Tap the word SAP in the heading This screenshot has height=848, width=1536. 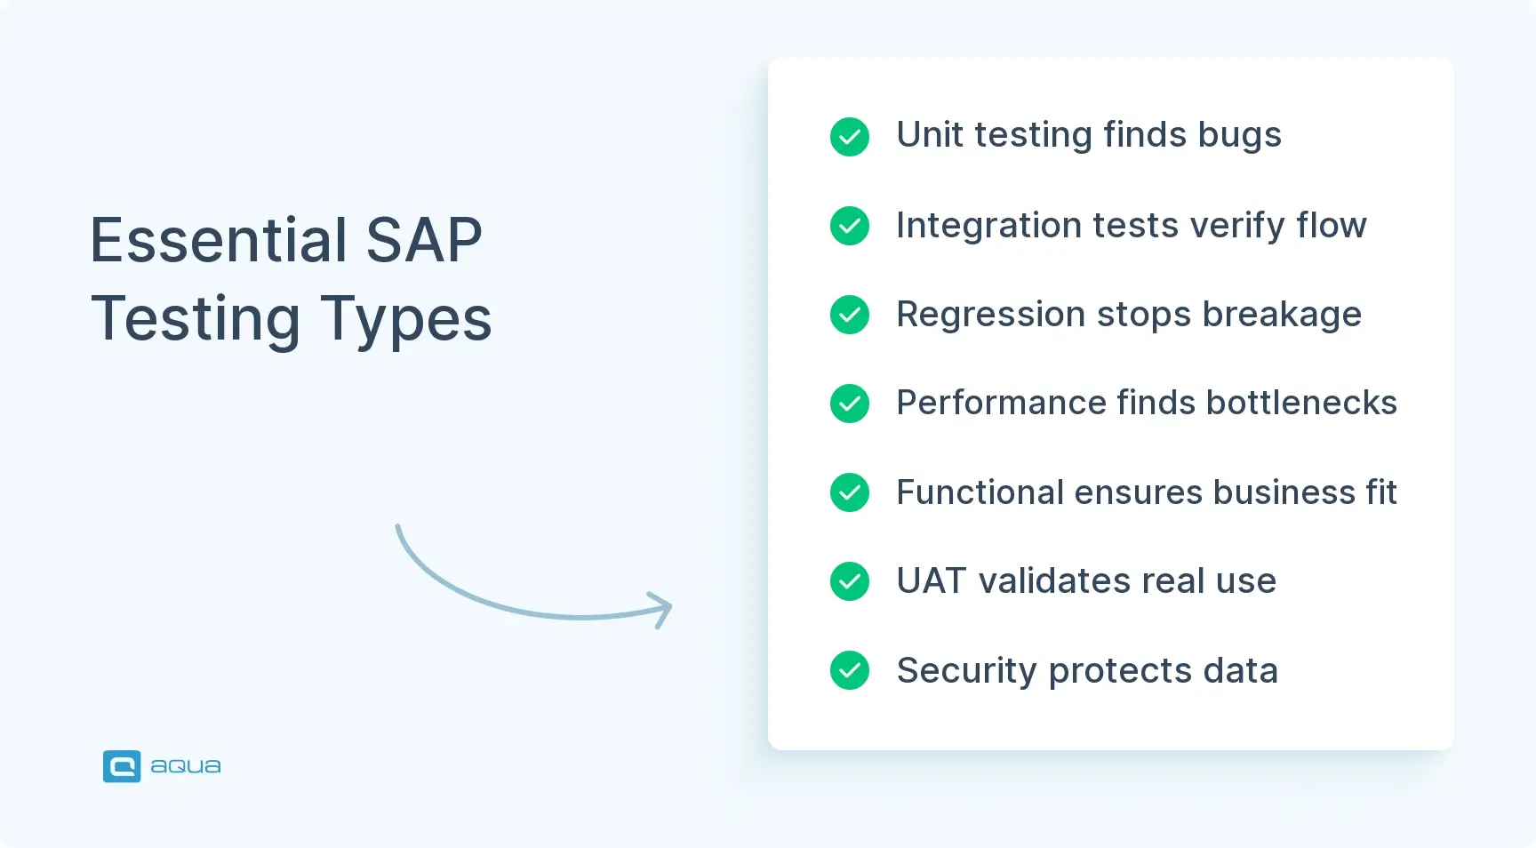424,240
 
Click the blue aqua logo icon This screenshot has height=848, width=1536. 122,766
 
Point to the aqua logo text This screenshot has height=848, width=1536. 186,766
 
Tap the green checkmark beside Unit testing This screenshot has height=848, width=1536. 850,137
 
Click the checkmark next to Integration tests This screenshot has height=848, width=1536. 850,226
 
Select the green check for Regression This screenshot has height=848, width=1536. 850,315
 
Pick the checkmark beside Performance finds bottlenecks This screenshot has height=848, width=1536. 850,404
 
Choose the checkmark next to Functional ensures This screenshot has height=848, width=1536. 850,492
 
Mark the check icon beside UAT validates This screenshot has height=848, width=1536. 850,581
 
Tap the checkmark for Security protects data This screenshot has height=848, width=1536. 850,670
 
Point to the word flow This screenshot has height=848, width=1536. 1331,226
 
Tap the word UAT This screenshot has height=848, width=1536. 931,581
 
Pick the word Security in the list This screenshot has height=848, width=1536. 966,672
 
